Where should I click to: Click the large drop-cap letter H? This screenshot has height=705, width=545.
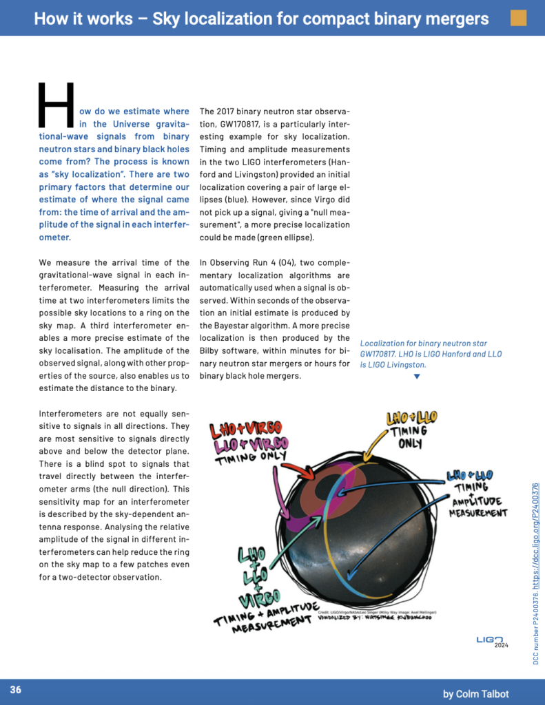[55, 105]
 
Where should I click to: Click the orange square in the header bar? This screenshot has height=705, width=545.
[517, 18]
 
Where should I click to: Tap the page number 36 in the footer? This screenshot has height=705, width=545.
[15, 689]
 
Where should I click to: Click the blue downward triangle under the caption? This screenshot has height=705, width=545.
[416, 377]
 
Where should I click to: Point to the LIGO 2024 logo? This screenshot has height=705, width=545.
[492, 641]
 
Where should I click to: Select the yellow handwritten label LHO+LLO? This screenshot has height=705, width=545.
[411, 418]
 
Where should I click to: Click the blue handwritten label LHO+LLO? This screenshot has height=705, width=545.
[471, 475]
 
